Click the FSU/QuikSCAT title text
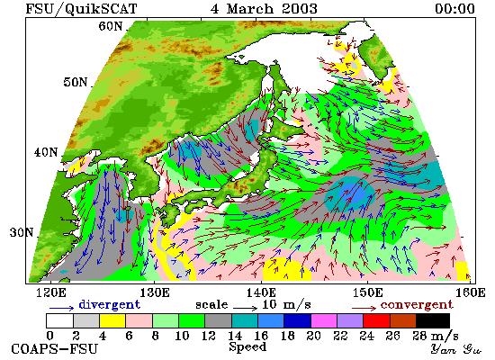pyautogui.click(x=81, y=8)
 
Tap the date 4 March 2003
pyautogui.click(x=264, y=8)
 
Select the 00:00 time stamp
pyautogui.click(x=454, y=8)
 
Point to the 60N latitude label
pyautogui.click(x=110, y=26)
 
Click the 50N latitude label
pyautogui.click(x=75, y=82)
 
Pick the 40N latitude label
pyautogui.click(x=46, y=152)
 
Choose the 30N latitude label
pyautogui.click(x=22, y=233)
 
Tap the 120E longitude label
pyautogui.click(x=51, y=292)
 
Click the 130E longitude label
pyautogui.click(x=155, y=292)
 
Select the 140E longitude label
pyautogui.click(x=261, y=292)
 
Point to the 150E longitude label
pyautogui.click(x=368, y=292)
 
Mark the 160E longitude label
pyautogui.click(x=471, y=292)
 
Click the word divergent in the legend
pyautogui.click(x=109, y=305)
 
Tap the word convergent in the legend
pyautogui.click(x=417, y=305)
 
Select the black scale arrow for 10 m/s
pyautogui.click(x=246, y=307)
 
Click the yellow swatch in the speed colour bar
pyautogui.click(x=112, y=320)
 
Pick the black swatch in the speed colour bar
pyautogui.click(x=433, y=320)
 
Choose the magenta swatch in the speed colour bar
pyautogui.click(x=324, y=320)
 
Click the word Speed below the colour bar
pyautogui.click(x=247, y=347)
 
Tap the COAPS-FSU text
pyautogui.click(x=55, y=349)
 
